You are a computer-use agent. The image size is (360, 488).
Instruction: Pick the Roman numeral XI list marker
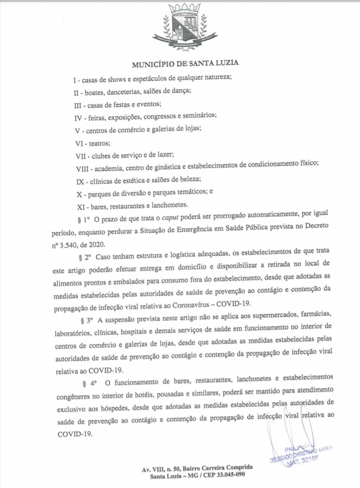tap(80, 206)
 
